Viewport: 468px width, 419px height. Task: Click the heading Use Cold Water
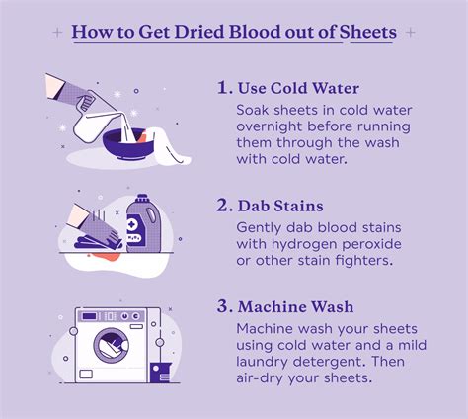pos(301,87)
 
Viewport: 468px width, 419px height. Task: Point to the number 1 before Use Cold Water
pos(224,87)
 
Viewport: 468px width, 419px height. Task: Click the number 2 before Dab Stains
pos(224,206)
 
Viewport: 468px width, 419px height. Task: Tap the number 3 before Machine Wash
pos(224,307)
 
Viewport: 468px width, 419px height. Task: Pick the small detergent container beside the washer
pos(157,373)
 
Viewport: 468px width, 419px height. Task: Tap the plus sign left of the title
pos(59,32)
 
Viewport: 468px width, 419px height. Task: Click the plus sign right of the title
pos(410,32)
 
